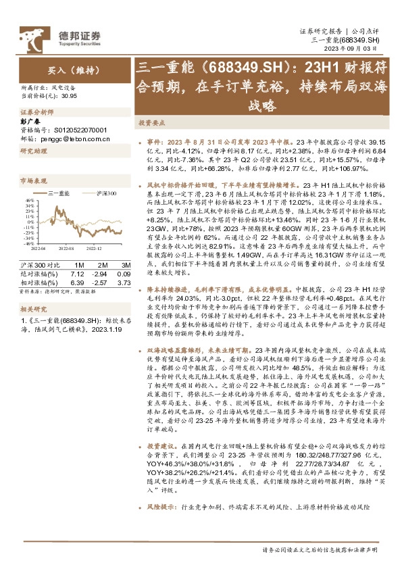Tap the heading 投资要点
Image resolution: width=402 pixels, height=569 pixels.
(151, 124)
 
